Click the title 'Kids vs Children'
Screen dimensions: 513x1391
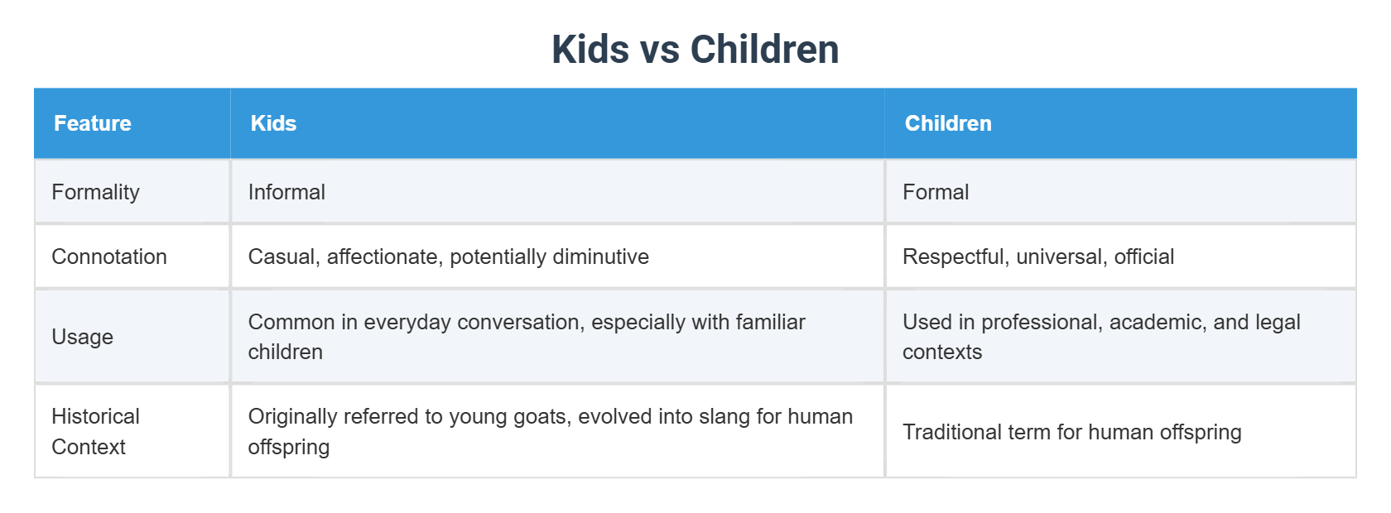tap(695, 50)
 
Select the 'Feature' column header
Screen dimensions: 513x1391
tap(93, 123)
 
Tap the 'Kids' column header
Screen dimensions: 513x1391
tap(273, 123)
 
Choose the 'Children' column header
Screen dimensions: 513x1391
tap(948, 123)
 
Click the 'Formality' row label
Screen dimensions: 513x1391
tap(95, 192)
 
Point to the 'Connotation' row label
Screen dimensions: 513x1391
tap(109, 256)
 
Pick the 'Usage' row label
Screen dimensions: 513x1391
tap(82, 337)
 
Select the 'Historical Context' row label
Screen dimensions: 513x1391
tap(95, 431)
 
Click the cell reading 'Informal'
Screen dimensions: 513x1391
tap(286, 192)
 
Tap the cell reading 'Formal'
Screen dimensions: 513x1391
tap(936, 192)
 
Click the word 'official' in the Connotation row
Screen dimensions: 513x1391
tap(1144, 256)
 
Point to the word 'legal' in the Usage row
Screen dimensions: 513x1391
tap(1278, 322)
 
